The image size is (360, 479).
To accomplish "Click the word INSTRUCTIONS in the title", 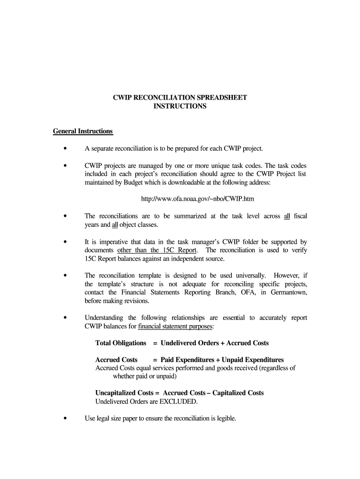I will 180,106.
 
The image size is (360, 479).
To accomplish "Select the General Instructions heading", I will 83,131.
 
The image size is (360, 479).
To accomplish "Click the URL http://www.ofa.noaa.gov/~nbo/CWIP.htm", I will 198,199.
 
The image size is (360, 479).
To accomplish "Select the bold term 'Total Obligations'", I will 121,343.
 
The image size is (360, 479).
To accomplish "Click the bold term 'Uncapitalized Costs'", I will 122,392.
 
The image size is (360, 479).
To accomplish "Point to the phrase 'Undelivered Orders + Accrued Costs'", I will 215,343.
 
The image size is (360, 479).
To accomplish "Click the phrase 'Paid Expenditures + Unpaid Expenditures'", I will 222,360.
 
